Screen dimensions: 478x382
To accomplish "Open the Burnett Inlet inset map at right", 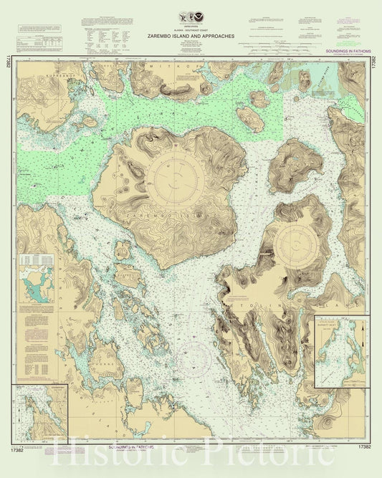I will point(342,351).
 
